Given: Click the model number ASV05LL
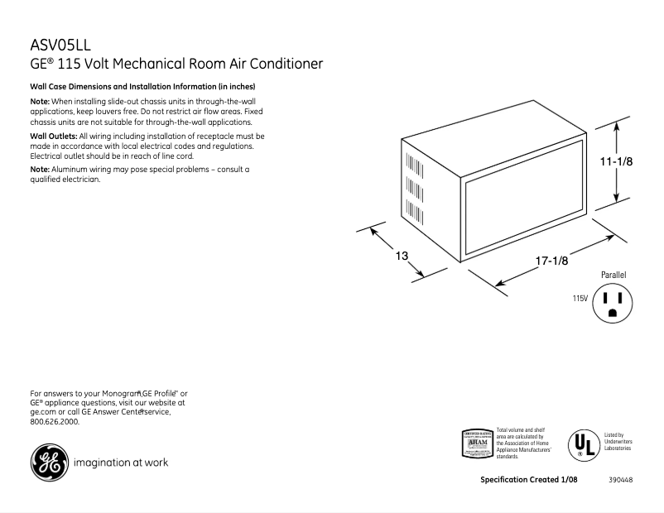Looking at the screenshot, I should click(52, 46).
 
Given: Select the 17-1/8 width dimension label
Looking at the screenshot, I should click(551, 261).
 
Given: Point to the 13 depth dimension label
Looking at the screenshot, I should click(402, 256).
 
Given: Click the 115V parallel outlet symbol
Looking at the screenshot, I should click(613, 303).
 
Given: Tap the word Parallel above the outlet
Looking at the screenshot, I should click(613, 274).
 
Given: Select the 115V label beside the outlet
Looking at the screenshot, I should click(580, 298).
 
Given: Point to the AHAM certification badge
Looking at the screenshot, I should click(476, 444).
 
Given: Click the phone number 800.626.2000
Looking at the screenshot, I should click(55, 421).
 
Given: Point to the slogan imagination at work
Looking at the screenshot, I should click(121, 463).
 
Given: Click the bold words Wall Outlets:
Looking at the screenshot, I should click(53, 135).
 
